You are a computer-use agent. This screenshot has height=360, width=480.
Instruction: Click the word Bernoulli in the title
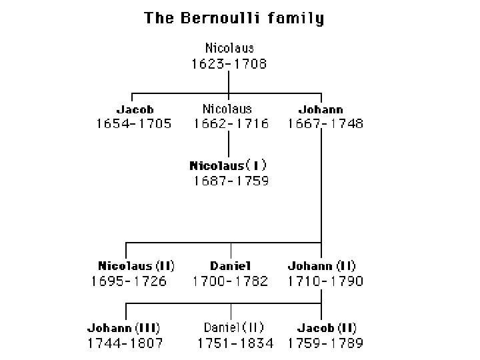[220, 18]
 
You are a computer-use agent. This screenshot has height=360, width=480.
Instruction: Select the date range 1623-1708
[229, 64]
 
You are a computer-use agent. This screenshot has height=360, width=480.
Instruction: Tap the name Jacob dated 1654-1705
[135, 109]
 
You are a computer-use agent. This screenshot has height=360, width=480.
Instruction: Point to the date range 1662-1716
[231, 124]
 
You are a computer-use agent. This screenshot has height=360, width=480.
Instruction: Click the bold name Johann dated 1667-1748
[321, 109]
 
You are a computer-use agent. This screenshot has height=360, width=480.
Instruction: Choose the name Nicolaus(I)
[228, 165]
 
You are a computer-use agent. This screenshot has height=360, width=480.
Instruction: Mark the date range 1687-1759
[231, 181]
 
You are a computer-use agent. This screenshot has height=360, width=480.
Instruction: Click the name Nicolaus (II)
[136, 266]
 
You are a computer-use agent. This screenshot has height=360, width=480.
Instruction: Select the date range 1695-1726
[129, 281]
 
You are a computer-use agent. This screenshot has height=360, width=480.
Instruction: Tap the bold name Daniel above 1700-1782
[231, 266]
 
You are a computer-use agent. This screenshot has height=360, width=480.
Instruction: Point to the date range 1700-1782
[230, 281]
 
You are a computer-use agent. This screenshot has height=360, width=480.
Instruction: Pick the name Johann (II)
[322, 266]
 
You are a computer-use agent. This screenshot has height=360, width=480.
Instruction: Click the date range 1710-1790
[325, 281]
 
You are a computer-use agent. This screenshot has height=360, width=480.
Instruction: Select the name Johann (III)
[124, 328]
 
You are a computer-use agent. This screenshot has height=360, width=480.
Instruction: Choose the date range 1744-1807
[125, 343]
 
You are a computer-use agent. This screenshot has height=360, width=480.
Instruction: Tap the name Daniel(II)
[233, 327]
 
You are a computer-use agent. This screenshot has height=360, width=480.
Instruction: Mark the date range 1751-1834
[235, 343]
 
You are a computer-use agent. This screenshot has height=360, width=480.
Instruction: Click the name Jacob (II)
[327, 328]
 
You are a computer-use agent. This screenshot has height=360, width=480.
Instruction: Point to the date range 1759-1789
[325, 343]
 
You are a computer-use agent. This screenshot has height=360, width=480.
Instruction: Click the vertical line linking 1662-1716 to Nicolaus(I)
[229, 144]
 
